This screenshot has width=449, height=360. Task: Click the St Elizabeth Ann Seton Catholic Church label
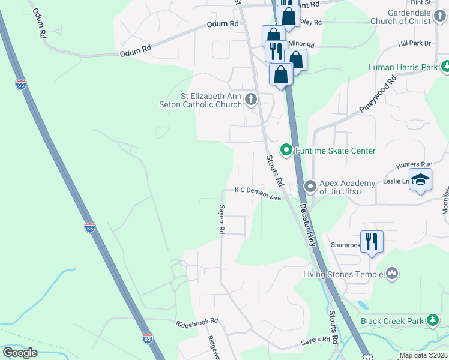point(211,100)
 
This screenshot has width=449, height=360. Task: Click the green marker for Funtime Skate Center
point(286,150)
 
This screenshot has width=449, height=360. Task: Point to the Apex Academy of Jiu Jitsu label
point(347,187)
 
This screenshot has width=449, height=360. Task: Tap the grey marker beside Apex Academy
point(310,187)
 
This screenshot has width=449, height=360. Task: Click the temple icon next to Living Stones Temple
point(393,274)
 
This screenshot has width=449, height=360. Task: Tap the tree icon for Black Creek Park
point(432,320)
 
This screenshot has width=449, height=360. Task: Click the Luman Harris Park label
point(403,67)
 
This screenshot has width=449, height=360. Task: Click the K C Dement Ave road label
point(258,190)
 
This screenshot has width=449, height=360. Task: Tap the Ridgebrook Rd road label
point(197,323)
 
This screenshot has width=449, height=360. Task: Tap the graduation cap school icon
point(421,180)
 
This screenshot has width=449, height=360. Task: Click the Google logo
point(20,353)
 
